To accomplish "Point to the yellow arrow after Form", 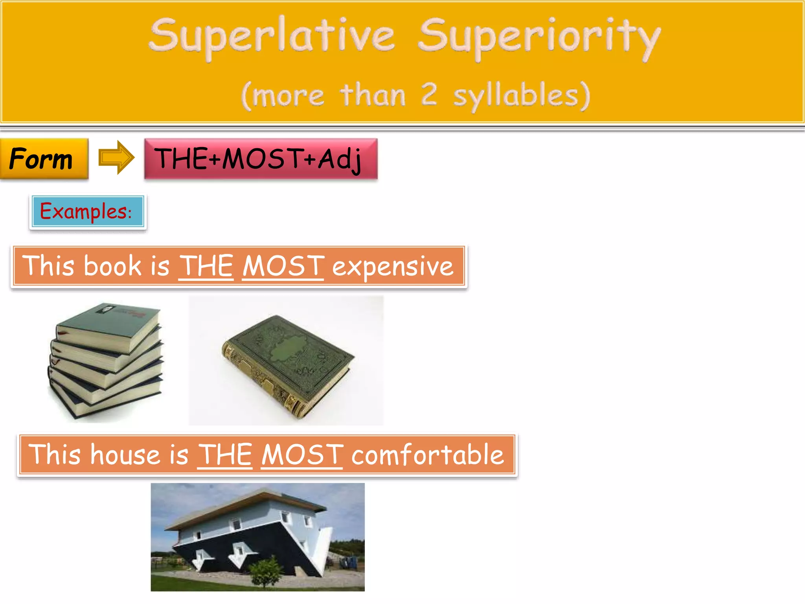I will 116,157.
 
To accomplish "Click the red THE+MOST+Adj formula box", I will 260,159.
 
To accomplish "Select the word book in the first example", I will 112,266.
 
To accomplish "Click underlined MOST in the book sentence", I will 283,266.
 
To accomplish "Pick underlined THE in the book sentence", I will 206,266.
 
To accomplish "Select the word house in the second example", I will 125,455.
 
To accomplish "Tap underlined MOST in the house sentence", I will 302,455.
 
